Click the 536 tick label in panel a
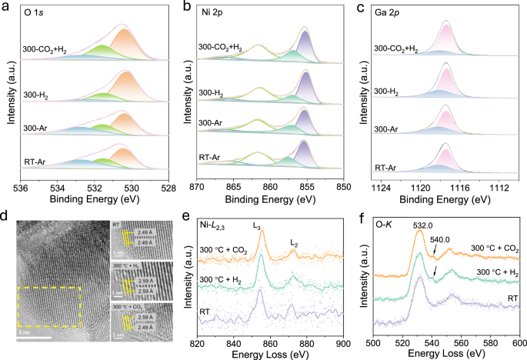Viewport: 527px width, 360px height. (22, 187)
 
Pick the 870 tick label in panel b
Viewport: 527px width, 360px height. (197, 187)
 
